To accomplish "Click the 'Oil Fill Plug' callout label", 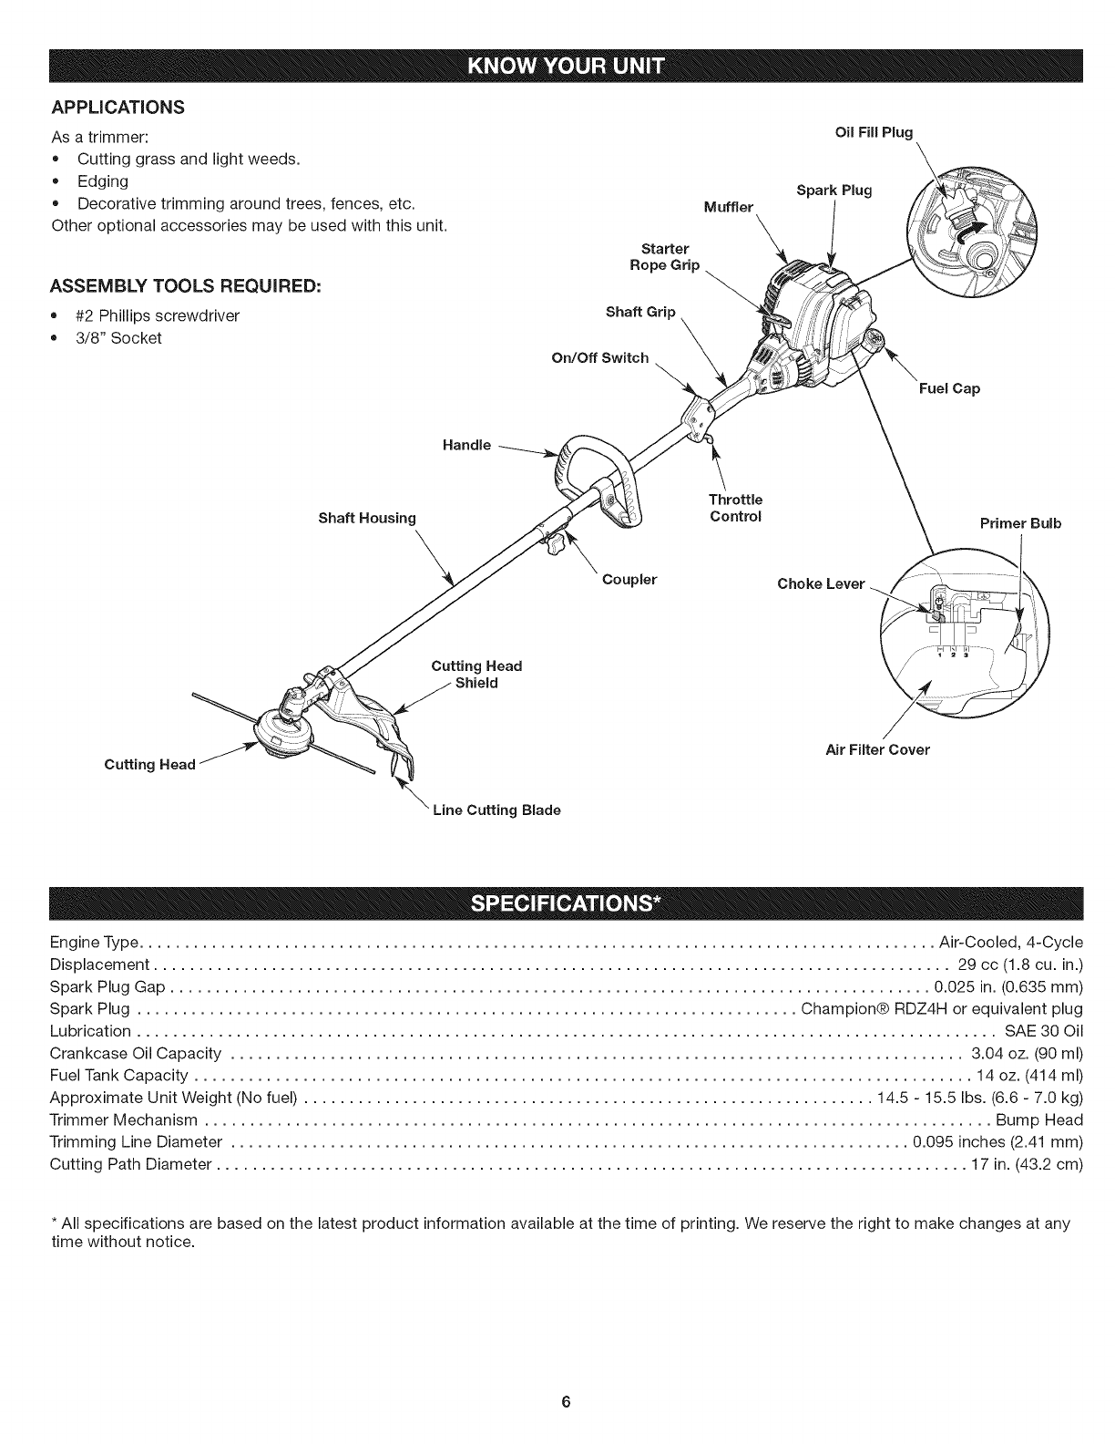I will pyautogui.click(x=874, y=132).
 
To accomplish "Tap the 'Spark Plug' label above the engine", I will pyautogui.click(x=834, y=191).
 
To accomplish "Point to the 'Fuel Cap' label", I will pyautogui.click(x=949, y=388).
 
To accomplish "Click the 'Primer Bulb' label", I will pyautogui.click(x=1020, y=523).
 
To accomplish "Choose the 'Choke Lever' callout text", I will pyautogui.click(x=820, y=583).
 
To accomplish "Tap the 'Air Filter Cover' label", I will pyautogui.click(x=876, y=749).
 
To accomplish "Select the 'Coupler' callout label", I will pyautogui.click(x=629, y=579).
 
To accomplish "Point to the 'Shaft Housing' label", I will pyautogui.click(x=366, y=518).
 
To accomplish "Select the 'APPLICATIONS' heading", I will pyautogui.click(x=118, y=108).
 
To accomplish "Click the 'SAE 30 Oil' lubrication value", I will pyautogui.click(x=1043, y=1031).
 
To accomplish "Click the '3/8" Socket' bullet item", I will pyautogui.click(x=118, y=338).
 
